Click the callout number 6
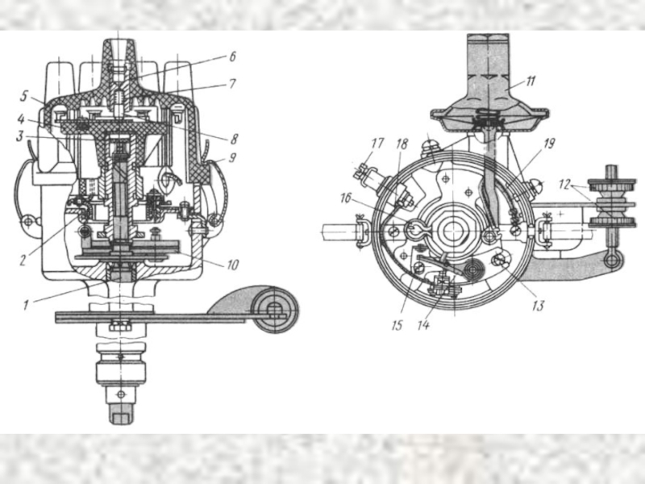click(x=232, y=56)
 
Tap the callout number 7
click(x=232, y=84)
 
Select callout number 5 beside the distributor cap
click(x=24, y=97)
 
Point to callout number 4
click(x=21, y=119)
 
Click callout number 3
click(x=19, y=136)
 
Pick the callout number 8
click(x=234, y=139)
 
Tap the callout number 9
click(x=232, y=157)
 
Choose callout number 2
click(x=23, y=260)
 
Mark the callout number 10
click(x=232, y=265)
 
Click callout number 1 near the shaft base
click(x=26, y=305)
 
